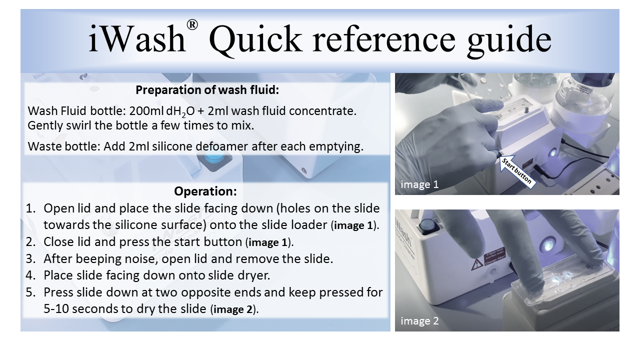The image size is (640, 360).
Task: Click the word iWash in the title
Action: [137, 38]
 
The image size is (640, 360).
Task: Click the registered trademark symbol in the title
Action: [192, 25]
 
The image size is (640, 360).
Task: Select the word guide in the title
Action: [509, 41]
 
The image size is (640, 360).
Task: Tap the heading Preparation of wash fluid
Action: [207, 90]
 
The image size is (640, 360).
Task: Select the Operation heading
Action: [205, 191]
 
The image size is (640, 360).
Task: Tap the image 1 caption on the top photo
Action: [419, 184]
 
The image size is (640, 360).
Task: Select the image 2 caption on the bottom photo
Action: [419, 321]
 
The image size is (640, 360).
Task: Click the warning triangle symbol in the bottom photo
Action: [476, 264]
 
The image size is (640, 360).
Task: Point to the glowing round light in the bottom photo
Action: [547, 244]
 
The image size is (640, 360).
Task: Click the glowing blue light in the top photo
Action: [553, 152]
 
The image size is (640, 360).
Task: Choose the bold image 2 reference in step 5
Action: [233, 309]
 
